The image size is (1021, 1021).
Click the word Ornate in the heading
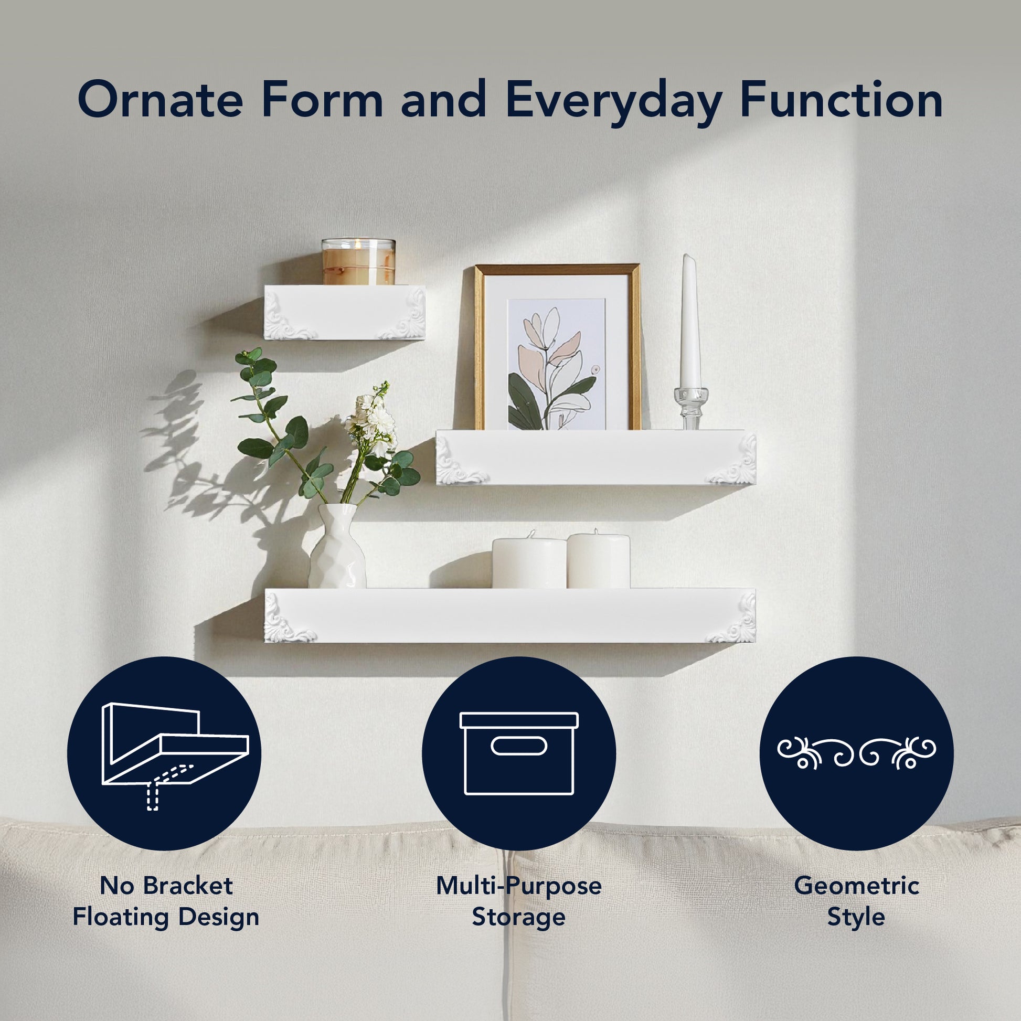point(160,99)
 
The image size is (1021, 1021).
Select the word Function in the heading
point(842,99)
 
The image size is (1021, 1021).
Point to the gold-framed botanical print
point(557,347)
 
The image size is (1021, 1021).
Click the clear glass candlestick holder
point(690,408)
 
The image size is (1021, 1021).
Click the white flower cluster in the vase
point(372,419)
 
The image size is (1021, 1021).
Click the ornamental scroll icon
point(856,752)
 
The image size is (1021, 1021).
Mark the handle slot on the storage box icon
point(518,746)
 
